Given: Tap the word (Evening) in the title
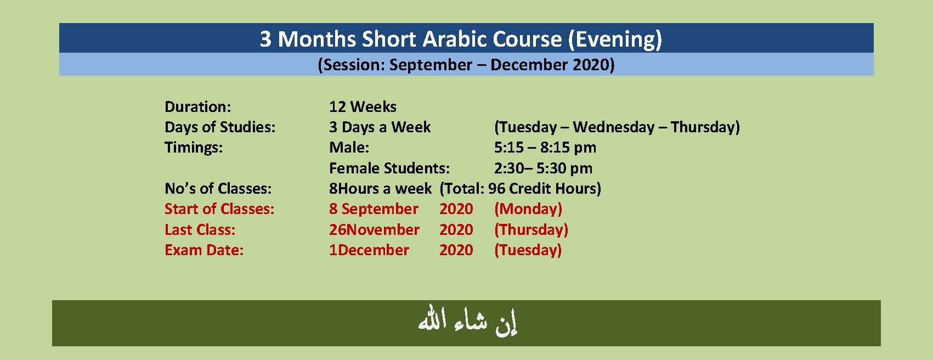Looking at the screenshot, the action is tap(615, 40).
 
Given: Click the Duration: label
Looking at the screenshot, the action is tap(198, 106).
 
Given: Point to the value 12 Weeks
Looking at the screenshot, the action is tap(363, 106).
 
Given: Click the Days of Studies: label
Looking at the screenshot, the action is tap(220, 127).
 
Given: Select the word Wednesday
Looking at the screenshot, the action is tap(614, 127).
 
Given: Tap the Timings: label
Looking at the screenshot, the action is tap(194, 148).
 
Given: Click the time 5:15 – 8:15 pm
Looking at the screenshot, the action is tap(545, 148).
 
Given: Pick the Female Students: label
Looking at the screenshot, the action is tap(389, 168).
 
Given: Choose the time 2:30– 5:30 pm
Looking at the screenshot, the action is tap(543, 168).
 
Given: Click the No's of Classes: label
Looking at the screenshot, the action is tap(218, 189).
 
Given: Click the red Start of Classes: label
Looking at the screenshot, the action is tap(219, 209).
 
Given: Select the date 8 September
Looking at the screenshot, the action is tap(374, 209).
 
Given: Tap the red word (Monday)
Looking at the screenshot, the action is tap(528, 209).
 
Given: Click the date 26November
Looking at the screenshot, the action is tap(374, 229).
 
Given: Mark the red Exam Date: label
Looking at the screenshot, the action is tap(204, 250).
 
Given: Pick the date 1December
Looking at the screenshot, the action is tap(369, 250).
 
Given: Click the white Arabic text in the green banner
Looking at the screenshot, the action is tap(467, 323).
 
